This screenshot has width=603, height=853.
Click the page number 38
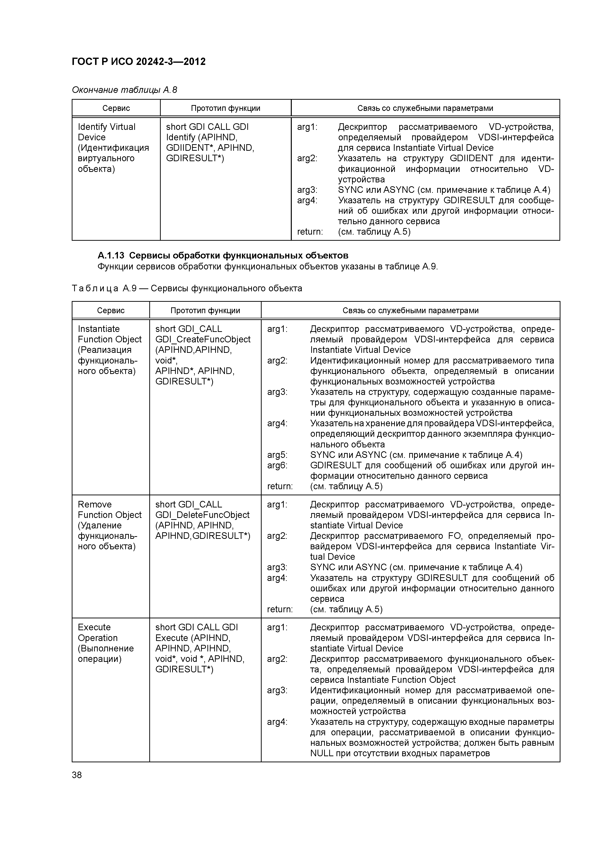[77, 775]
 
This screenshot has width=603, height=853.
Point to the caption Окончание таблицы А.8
[124, 90]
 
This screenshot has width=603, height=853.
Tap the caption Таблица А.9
[187, 288]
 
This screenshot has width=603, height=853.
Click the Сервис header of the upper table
[116, 108]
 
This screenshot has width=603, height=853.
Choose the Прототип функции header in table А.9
[205, 311]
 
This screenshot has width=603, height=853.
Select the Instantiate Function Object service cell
[110, 350]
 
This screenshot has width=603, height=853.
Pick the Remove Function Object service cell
[110, 525]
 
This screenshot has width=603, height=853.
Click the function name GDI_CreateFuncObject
[203, 339]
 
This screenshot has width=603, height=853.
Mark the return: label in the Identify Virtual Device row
[310, 232]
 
